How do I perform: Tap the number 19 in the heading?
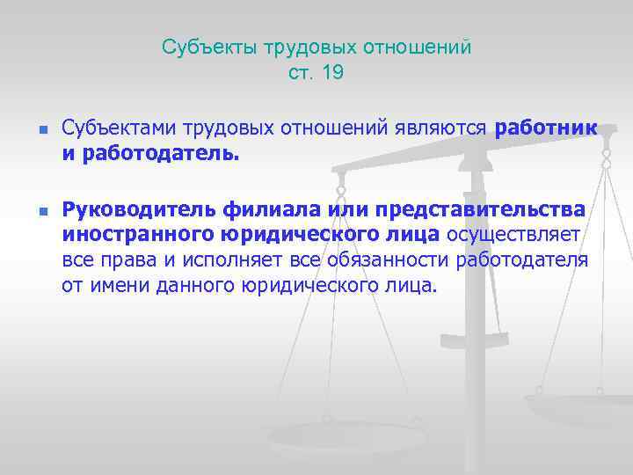(x=332, y=73)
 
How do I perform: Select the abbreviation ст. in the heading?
(x=301, y=73)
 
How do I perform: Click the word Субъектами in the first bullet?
(x=120, y=128)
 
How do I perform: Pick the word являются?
(x=442, y=128)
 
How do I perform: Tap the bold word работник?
(x=546, y=128)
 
